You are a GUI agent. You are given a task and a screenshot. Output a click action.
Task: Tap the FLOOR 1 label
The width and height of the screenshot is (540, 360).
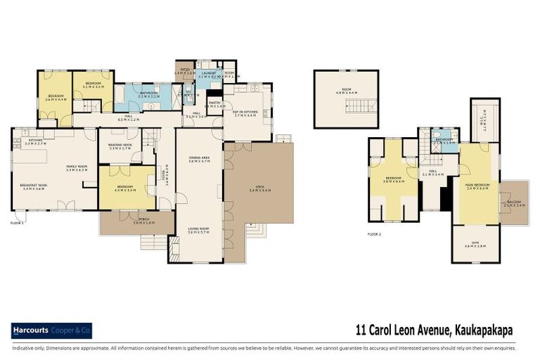click(x=18, y=223)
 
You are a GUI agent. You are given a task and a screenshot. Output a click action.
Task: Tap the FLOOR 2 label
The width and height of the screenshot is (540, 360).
click(x=375, y=233)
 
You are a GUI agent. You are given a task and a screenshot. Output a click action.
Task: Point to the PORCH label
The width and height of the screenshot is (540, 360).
click(x=137, y=219)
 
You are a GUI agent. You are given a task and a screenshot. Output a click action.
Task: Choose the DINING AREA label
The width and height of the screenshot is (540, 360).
click(x=199, y=157)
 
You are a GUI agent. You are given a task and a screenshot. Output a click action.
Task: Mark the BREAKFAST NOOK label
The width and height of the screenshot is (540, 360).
click(x=33, y=186)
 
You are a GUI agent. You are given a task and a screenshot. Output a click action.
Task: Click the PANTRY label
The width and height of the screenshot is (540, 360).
click(x=214, y=103)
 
